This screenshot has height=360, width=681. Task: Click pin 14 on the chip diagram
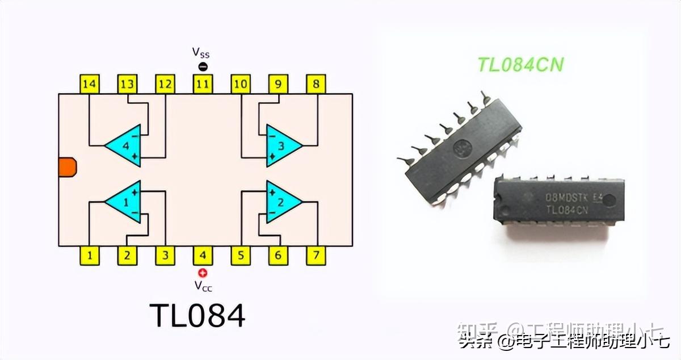(x=89, y=85)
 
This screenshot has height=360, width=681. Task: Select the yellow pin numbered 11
(x=203, y=85)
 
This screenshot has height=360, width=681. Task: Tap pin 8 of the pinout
(x=316, y=85)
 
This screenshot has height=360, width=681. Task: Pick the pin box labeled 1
(x=89, y=256)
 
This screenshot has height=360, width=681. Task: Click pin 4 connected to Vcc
(x=203, y=256)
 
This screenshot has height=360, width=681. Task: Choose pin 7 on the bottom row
(x=316, y=256)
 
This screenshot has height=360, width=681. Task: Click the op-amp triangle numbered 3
(x=281, y=145)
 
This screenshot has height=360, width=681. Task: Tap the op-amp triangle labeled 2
(x=281, y=202)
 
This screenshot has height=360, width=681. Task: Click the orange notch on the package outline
(x=67, y=167)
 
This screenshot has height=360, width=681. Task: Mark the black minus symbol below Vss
(x=203, y=67)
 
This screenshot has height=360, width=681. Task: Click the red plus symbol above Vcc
(x=203, y=273)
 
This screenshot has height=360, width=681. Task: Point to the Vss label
(x=200, y=53)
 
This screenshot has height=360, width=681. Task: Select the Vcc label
(x=203, y=286)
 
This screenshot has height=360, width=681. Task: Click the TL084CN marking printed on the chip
(x=566, y=210)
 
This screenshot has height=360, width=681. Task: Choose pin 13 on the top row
(x=127, y=85)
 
